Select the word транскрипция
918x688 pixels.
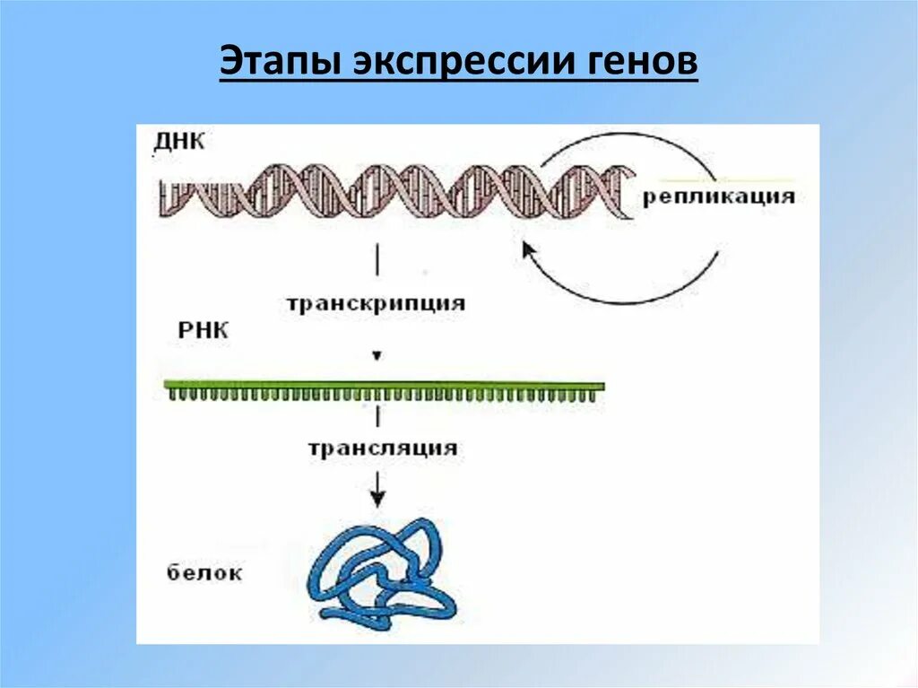click(377, 303)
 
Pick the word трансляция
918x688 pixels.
click(383, 448)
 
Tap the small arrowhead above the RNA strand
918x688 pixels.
click(377, 356)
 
